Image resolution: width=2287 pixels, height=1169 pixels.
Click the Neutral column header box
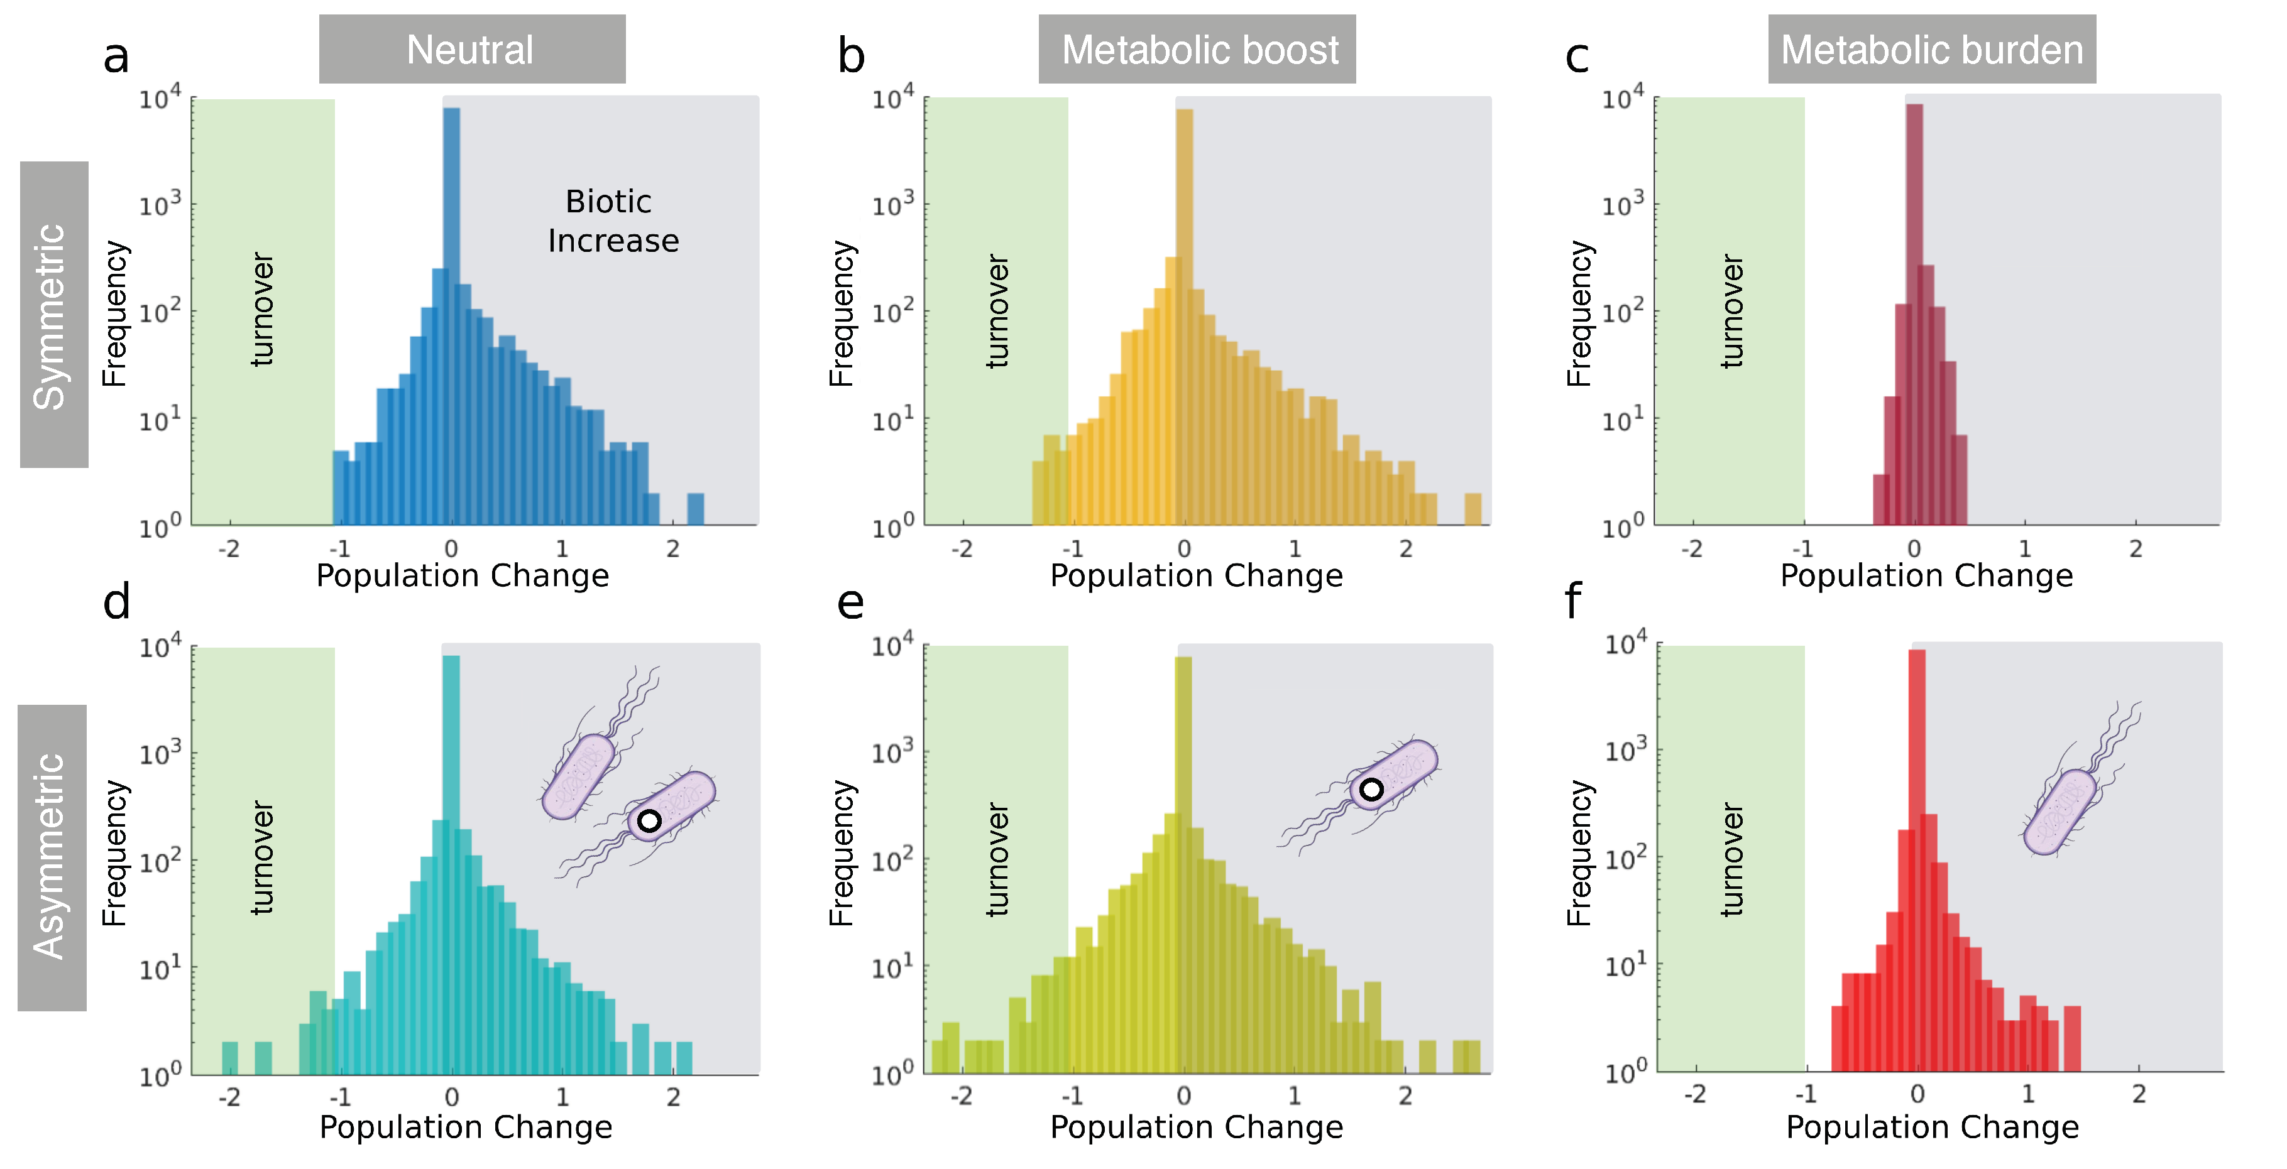471,49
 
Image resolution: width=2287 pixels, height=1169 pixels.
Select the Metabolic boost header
1196,49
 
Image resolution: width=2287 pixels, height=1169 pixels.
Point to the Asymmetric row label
51,857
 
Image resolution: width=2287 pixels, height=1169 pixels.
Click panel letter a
116,57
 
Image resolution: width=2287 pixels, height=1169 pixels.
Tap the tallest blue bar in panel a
451,266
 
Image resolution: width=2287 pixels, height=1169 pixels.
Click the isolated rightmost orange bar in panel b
1472,509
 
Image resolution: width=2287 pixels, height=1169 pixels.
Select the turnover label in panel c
1731,311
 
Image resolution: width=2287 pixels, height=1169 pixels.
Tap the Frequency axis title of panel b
841,312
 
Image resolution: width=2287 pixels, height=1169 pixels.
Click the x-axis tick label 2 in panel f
2138,1094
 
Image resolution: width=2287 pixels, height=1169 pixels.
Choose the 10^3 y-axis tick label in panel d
160,753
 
